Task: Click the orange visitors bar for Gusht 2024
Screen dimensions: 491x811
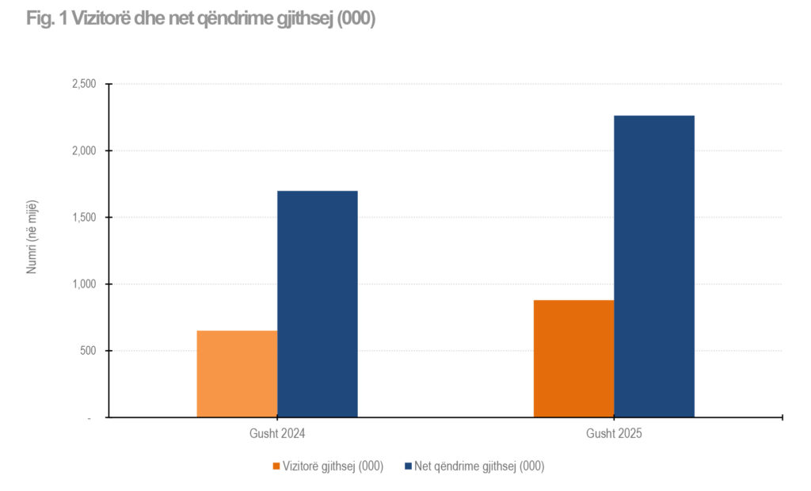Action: click(x=237, y=374)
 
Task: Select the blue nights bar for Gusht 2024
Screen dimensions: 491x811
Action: click(x=318, y=304)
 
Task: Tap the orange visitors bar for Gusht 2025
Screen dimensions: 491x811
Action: click(x=573, y=359)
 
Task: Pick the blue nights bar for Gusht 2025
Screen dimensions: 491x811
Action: click(x=654, y=266)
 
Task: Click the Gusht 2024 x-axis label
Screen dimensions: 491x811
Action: click(x=277, y=434)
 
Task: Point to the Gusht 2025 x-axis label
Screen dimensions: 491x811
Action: click(x=614, y=434)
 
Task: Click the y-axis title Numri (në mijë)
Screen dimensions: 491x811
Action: click(x=32, y=236)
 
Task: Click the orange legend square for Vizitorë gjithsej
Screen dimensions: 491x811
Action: click(x=276, y=466)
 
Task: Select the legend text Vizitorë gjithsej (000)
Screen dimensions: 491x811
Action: click(x=333, y=466)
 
